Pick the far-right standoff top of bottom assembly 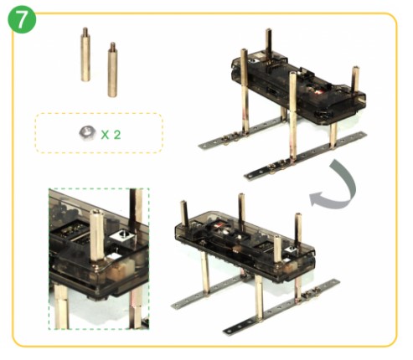[298, 219]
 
